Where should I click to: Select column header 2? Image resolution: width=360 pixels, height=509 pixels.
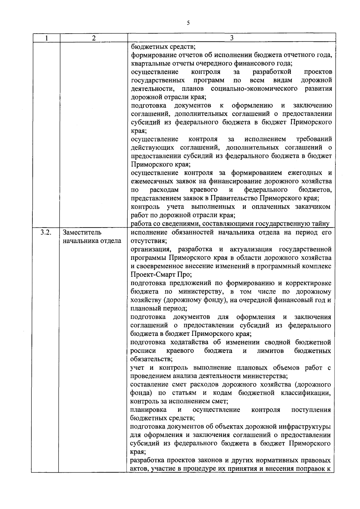[x=94, y=38]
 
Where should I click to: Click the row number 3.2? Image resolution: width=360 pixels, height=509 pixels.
[x=45, y=233]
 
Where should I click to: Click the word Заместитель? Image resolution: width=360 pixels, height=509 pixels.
[x=82, y=233]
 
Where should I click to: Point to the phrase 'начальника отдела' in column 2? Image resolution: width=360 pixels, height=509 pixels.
[x=92, y=241]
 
